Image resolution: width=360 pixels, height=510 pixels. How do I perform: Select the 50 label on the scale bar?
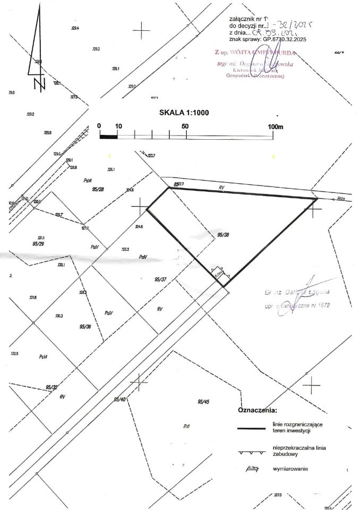tap(186, 126)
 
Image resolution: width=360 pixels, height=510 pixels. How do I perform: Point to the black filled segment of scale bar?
tap(108, 136)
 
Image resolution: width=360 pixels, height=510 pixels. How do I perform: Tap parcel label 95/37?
tap(160, 279)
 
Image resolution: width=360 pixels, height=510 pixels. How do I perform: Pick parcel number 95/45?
tap(203, 402)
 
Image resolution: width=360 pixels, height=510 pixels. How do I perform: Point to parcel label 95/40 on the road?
tap(121, 399)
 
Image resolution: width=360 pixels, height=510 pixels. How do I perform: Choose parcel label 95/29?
tap(38, 244)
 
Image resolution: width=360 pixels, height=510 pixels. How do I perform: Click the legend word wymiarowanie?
tap(290, 469)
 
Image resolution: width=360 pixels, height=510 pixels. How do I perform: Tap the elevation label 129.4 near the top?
tap(74, 28)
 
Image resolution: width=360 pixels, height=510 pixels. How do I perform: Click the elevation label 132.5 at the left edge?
tap(14, 354)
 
